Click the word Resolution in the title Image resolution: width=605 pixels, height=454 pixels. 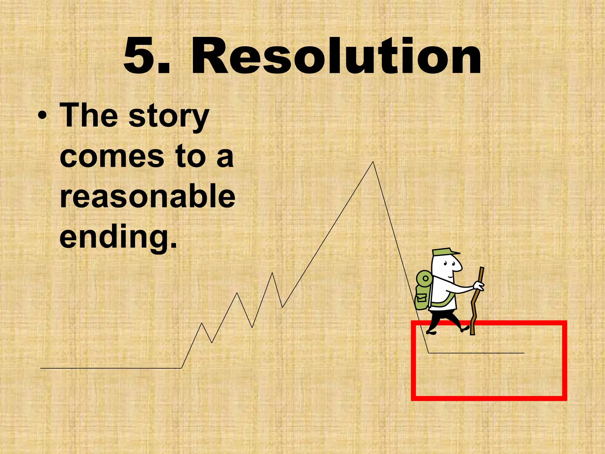[x=336, y=56]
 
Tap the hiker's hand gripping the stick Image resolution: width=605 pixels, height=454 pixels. [x=478, y=286]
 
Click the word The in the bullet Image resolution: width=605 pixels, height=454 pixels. [x=89, y=116]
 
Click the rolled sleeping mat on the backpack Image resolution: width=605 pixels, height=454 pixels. [x=425, y=278]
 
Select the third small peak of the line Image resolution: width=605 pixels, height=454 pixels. [x=272, y=273]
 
